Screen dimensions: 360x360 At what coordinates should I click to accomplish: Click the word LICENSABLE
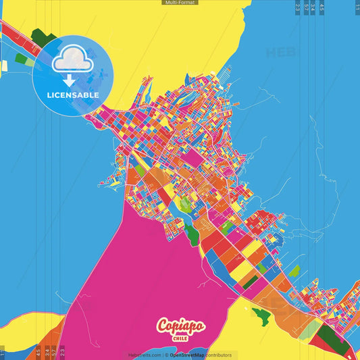tap(73, 95)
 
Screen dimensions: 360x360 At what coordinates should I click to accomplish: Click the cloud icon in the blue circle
tap(72, 61)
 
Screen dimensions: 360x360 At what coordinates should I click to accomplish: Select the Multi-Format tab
tap(180, 3)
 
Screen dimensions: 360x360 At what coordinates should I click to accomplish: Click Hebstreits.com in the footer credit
tap(145, 355)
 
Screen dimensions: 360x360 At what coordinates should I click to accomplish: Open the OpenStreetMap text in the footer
tap(187, 355)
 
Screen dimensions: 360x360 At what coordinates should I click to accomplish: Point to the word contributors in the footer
tap(217, 355)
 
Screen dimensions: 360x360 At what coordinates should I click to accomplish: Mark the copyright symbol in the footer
tap(166, 355)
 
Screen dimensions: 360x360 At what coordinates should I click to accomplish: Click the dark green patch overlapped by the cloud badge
tap(44, 38)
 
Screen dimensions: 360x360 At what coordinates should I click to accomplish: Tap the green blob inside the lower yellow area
tap(261, 314)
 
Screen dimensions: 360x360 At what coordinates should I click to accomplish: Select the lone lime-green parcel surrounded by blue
tap(294, 271)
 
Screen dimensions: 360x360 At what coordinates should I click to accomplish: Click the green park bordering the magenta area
tap(192, 234)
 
